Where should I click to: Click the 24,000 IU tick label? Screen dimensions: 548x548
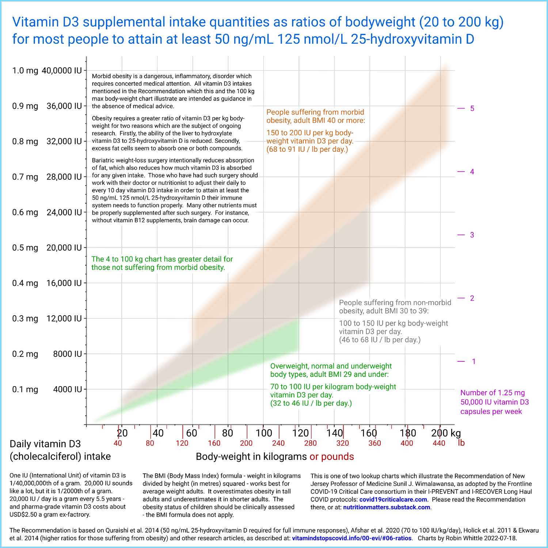click(x=64, y=212)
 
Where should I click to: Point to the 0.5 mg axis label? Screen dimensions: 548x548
click(x=25, y=248)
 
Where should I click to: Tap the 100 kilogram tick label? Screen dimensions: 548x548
click(x=264, y=433)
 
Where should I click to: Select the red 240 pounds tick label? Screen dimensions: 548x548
click(x=278, y=443)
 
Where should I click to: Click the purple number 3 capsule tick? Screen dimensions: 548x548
click(x=472, y=235)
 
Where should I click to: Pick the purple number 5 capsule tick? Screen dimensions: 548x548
click(x=472, y=109)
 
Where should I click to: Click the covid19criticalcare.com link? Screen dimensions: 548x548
click(x=393, y=499)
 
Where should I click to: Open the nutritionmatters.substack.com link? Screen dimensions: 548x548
click(x=387, y=507)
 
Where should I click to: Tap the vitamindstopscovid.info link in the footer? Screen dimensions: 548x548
click(x=352, y=538)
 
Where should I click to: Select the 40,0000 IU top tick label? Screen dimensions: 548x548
click(x=62, y=71)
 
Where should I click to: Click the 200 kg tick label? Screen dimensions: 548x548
click(x=446, y=433)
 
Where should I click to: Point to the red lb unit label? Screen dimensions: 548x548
click(x=461, y=443)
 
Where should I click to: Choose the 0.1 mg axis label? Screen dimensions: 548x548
click(x=25, y=389)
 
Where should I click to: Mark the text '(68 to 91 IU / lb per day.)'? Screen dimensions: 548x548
click(x=307, y=149)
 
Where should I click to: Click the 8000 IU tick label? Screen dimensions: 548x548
click(x=67, y=354)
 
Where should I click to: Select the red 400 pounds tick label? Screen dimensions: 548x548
click(x=407, y=443)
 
